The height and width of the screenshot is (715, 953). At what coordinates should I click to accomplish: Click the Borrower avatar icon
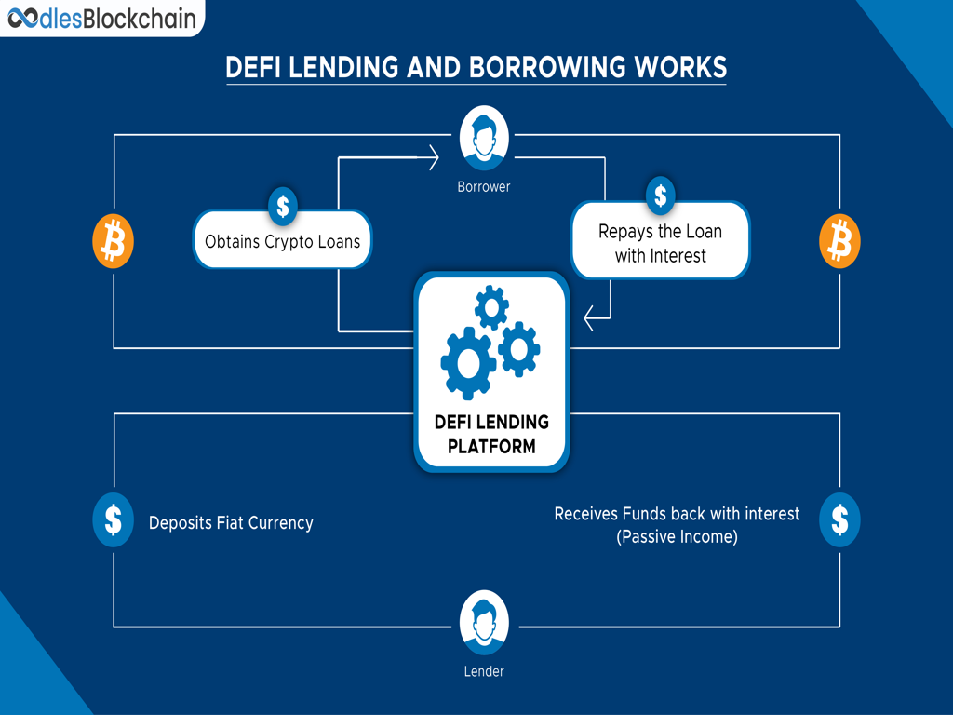coord(484,138)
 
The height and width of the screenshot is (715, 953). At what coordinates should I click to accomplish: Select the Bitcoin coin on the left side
coord(113,241)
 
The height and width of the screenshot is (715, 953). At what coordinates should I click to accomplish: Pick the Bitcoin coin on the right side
coord(839,241)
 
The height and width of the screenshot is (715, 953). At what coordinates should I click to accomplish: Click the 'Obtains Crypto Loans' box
coord(282,241)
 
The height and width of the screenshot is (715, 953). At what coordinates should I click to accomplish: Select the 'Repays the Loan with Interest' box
coord(660,243)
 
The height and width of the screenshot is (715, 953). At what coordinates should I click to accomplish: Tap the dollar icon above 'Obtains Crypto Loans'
coord(283,204)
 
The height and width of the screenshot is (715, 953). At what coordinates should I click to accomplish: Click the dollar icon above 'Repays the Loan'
coord(661,196)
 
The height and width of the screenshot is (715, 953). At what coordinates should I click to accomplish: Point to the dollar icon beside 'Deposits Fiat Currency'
coord(113,519)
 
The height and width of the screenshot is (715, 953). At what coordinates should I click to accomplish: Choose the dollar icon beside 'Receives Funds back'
coord(839,519)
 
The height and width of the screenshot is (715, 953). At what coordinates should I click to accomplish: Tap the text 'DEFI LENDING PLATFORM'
coord(491,434)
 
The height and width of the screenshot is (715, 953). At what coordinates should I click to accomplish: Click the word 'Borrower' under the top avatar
coord(484,187)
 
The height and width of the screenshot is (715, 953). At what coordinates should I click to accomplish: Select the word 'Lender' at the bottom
coord(484,671)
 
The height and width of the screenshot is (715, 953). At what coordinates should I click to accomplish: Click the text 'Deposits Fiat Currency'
coord(231,523)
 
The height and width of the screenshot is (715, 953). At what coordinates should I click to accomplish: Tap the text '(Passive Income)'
coord(677,537)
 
